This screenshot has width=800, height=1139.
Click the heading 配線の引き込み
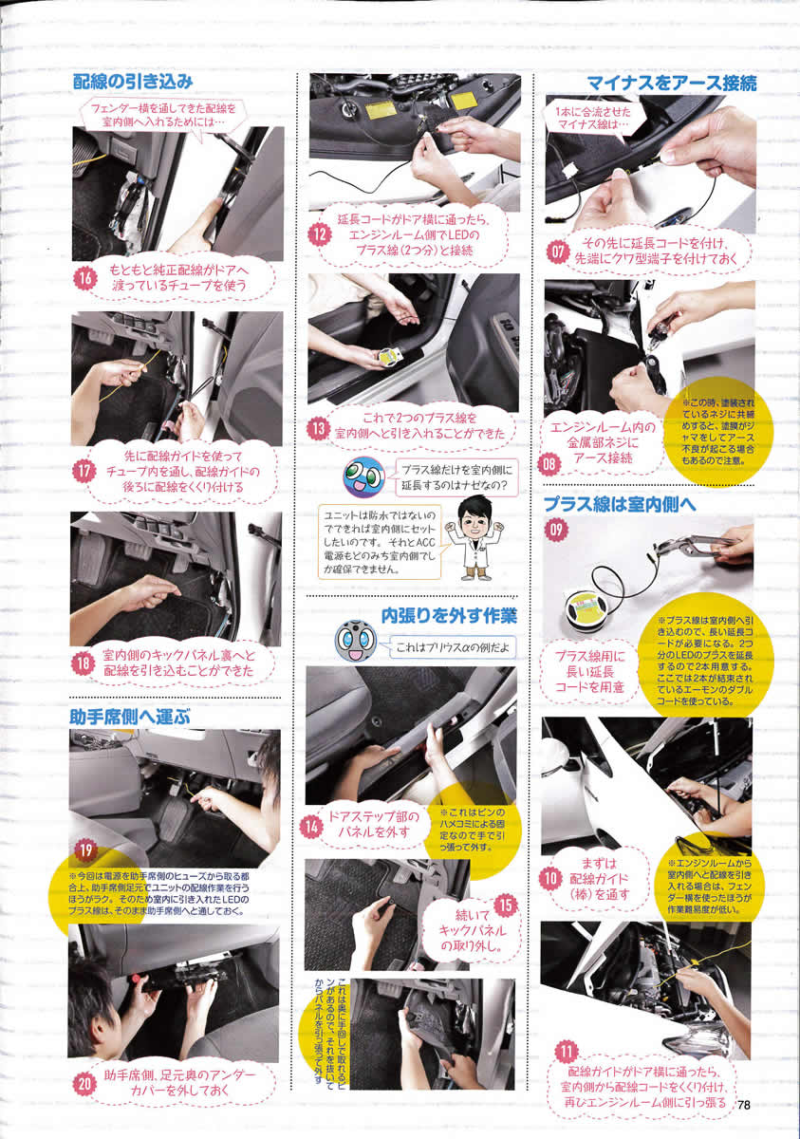[x=133, y=82]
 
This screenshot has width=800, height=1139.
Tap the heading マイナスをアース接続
[x=671, y=84]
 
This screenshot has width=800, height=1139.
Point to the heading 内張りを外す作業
[x=449, y=616]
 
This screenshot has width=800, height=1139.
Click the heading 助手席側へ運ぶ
[x=130, y=717]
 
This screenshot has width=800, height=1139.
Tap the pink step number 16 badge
[x=85, y=278]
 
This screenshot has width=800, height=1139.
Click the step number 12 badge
[x=320, y=235]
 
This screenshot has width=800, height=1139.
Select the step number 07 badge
[x=558, y=252]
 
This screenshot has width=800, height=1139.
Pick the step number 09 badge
[x=556, y=530]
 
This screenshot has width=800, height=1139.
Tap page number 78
[x=744, y=1105]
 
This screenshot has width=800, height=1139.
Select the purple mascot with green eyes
[x=363, y=476]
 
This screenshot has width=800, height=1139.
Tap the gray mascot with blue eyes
[x=356, y=642]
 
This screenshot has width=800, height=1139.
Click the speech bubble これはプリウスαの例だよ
[x=450, y=647]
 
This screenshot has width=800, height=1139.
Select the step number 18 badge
[x=83, y=664]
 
